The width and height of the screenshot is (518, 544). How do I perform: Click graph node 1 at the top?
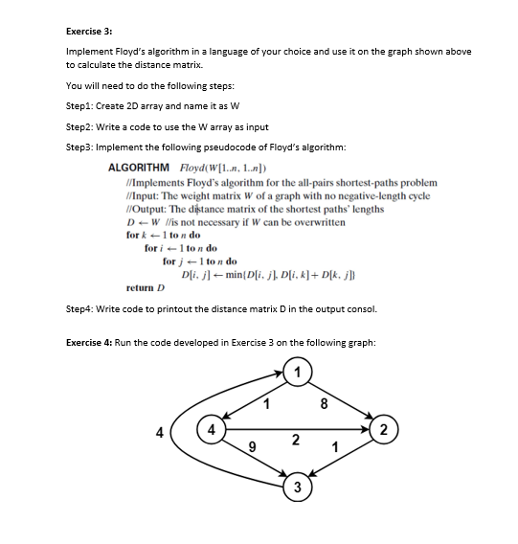point(299,372)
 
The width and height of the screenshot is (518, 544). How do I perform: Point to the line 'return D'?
point(146,286)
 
